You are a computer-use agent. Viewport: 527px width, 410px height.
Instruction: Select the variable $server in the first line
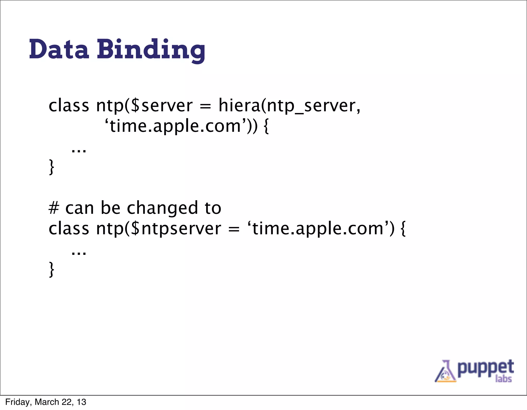pyautogui.click(x=162, y=106)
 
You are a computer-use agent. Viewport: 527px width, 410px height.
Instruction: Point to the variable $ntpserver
pyautogui.click(x=176, y=229)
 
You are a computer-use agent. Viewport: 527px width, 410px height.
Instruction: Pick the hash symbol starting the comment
pyautogui.click(x=54, y=208)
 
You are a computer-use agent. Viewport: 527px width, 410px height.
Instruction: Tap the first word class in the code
pyautogui.click(x=69, y=106)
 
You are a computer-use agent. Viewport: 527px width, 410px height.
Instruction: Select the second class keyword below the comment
pyautogui.click(x=69, y=229)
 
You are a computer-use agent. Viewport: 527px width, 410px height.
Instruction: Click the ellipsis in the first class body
pyautogui.click(x=79, y=150)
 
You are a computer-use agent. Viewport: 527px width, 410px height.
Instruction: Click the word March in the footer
pyautogui.click(x=47, y=402)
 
